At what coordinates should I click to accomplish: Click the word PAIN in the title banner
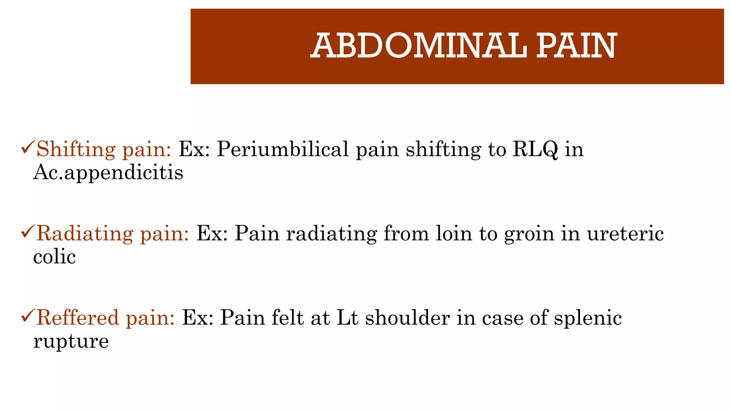tap(576, 46)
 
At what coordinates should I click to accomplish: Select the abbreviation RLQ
tap(535, 149)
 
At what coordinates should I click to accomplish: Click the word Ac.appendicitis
tap(108, 173)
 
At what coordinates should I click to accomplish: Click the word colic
tap(54, 257)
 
